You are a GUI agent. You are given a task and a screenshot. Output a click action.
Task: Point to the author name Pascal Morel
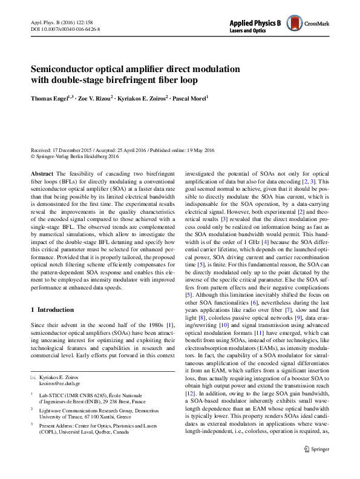click(188, 97)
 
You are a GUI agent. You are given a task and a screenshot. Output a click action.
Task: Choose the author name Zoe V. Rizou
click(96, 97)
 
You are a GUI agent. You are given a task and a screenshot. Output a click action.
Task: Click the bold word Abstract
click(42, 173)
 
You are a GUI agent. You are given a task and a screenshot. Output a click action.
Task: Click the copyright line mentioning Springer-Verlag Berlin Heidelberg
click(85, 156)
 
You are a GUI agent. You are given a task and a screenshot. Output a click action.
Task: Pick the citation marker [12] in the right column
click(191, 395)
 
